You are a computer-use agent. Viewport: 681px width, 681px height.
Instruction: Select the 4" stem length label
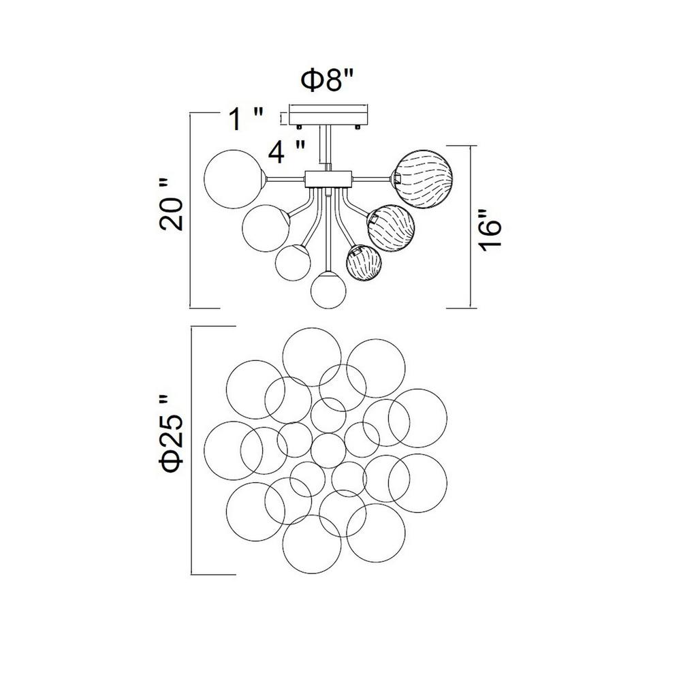click(x=287, y=152)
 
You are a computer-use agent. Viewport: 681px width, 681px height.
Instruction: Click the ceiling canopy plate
click(x=329, y=115)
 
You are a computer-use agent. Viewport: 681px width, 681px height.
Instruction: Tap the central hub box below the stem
click(x=328, y=178)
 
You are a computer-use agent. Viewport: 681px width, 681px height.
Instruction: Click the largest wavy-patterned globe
click(x=422, y=178)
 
